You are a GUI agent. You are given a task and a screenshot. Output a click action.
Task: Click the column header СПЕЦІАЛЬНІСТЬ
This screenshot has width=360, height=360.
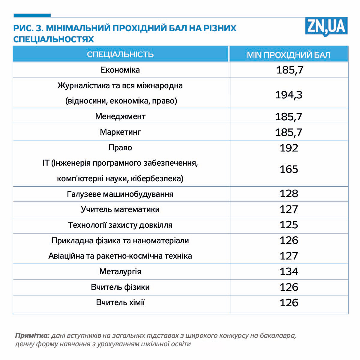click(120, 54)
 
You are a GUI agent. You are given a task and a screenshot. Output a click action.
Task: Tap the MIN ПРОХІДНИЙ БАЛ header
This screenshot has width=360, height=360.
click(289, 55)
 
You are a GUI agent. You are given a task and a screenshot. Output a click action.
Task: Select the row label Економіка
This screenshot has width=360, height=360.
click(120, 70)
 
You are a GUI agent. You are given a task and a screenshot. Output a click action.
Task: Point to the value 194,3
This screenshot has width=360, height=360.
click(289, 95)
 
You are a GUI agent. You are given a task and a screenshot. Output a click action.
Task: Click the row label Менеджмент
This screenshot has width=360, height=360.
click(120, 116)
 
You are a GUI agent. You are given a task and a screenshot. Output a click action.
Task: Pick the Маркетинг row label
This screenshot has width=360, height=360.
click(120, 132)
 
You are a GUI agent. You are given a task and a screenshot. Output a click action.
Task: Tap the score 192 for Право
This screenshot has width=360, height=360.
click(289, 148)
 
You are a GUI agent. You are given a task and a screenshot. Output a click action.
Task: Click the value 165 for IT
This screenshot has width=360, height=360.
click(289, 169)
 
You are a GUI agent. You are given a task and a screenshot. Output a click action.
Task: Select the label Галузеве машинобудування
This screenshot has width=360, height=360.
click(120, 194)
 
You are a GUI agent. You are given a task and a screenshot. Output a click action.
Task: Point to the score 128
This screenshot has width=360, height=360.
click(289, 193)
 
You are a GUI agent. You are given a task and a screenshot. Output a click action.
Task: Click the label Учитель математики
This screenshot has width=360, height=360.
click(120, 209)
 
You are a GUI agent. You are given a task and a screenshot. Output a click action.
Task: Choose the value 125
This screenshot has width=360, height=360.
click(289, 225)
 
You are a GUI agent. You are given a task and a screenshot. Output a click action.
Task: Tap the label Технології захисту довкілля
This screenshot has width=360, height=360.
click(120, 225)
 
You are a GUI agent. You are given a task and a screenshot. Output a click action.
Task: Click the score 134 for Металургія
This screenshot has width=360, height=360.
click(289, 271)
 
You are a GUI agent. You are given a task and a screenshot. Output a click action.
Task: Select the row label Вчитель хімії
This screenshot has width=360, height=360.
click(120, 302)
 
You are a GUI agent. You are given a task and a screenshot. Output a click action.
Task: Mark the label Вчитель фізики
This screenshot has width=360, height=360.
click(120, 287)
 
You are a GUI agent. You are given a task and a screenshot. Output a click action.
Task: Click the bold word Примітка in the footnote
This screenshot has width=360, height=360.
click(32, 335)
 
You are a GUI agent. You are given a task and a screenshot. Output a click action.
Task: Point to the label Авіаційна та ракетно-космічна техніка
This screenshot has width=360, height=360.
click(120, 256)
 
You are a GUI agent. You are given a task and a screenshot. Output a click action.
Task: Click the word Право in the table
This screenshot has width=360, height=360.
click(120, 148)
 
